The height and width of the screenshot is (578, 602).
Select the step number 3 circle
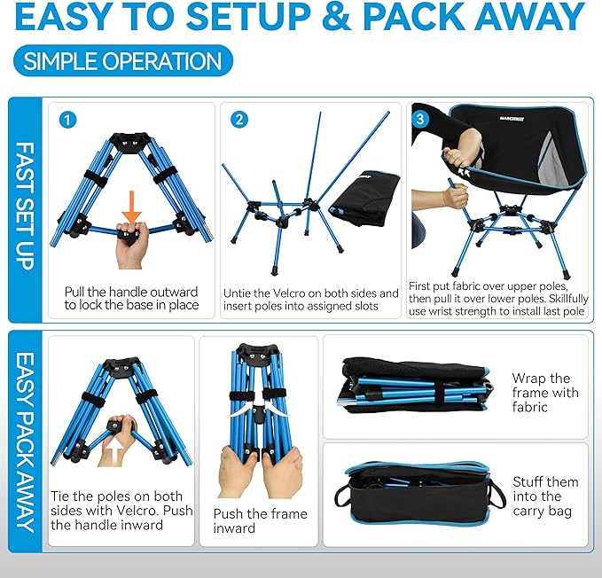coord(421,116)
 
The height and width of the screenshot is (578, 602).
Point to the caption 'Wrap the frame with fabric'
coord(544,393)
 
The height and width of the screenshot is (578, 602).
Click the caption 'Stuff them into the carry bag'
coord(544,496)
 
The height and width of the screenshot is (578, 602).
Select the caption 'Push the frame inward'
coord(260,520)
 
